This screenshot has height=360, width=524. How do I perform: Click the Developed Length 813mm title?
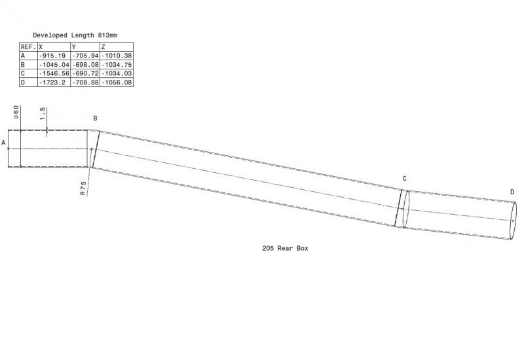coord(75,35)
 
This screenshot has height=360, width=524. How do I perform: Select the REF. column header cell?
coord(28,46)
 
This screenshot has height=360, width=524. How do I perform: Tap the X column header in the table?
coord(54,46)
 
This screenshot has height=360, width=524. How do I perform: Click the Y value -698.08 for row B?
coord(85,64)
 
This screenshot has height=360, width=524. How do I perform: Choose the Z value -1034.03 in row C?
coord(117,73)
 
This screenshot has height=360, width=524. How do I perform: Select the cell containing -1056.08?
coord(117,82)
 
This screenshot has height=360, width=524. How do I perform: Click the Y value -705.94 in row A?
coord(85,56)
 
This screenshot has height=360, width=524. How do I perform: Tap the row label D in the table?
coord(23,82)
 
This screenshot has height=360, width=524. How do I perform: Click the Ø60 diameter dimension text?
coord(16,113)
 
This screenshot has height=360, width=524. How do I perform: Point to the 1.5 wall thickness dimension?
coord(42,113)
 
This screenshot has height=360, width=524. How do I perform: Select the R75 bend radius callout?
coord(83,189)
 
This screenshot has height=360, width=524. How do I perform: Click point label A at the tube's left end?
coord(4,143)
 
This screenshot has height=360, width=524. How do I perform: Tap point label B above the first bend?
coord(95,118)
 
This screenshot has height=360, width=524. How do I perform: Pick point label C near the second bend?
coord(404,179)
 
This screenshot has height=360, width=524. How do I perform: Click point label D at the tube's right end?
coord(512,192)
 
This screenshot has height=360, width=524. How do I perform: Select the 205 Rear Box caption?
coord(285,248)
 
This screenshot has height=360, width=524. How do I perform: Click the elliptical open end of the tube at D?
coord(513,221)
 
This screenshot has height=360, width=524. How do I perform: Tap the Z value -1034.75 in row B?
coord(117,64)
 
